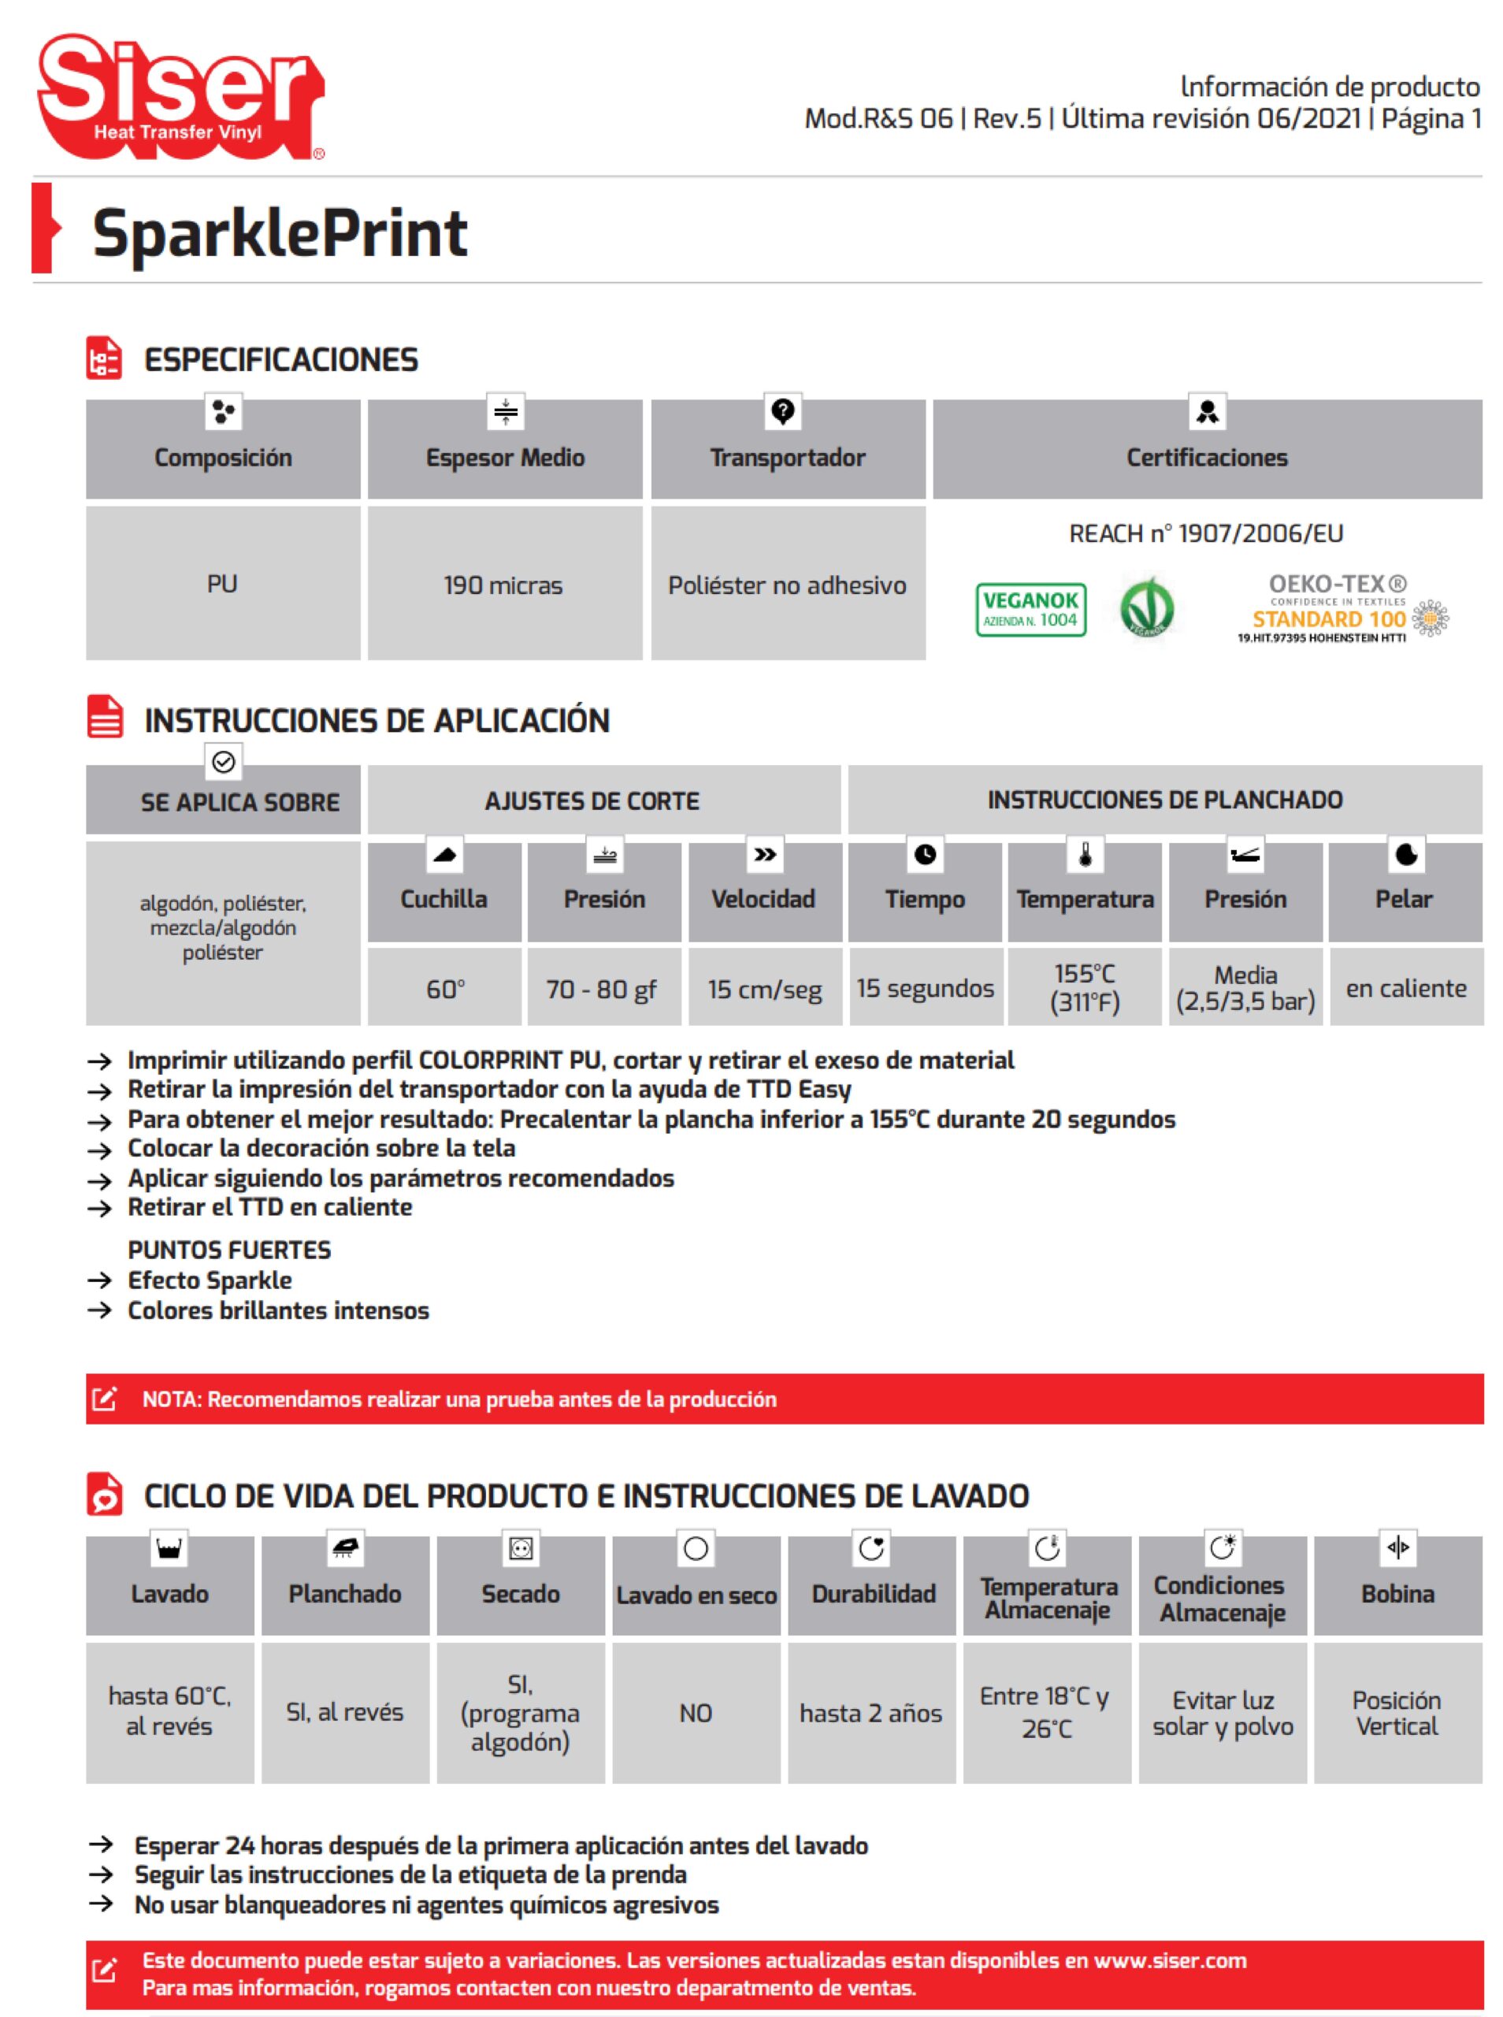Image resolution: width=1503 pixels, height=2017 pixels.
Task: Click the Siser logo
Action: pos(180,95)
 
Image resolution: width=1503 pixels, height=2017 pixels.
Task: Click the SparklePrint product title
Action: pos(280,233)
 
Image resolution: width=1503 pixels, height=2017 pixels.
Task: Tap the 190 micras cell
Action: pos(503,585)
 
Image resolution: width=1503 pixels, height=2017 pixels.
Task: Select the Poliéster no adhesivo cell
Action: pos(787,585)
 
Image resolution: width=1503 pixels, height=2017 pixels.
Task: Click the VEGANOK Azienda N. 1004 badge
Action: pos(1031,610)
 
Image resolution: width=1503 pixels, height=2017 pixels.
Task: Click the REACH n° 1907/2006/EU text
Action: pos(1205,533)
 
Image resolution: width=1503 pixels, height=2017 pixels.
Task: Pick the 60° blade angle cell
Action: pos(445,989)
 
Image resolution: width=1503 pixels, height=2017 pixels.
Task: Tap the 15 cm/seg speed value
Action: pos(764,989)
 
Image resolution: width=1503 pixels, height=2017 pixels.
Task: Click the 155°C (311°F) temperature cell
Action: pos(1085,988)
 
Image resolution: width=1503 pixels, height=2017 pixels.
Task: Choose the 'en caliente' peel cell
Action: pos(1405,988)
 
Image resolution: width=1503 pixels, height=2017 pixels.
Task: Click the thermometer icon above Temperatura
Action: pos(1085,854)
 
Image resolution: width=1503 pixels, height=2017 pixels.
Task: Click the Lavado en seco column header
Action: pos(696,1595)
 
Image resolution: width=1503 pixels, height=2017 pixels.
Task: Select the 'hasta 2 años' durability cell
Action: pos(870,1713)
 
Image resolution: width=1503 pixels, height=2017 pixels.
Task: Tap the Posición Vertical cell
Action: pos(1397,1713)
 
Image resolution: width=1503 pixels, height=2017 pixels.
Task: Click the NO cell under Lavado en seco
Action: pos(696,1713)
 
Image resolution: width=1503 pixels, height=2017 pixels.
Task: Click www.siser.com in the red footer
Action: pos(1169,1960)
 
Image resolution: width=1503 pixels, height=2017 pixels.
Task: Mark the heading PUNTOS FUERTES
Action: pos(229,1250)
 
